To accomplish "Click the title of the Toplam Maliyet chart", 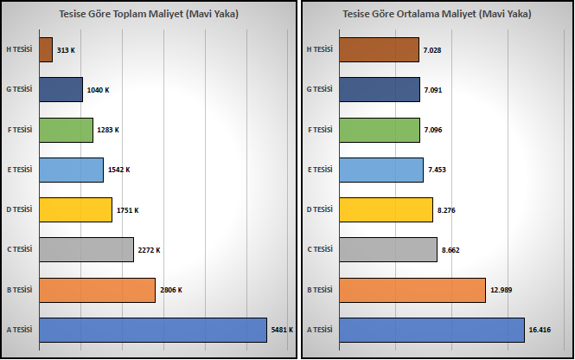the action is [x=149, y=14].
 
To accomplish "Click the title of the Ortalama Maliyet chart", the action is [x=437, y=14].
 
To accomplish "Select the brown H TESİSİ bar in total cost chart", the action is [x=46, y=49].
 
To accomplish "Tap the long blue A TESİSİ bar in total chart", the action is [x=153, y=330].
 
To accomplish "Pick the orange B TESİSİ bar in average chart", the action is [x=412, y=290].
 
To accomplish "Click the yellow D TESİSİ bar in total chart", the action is [x=75, y=209].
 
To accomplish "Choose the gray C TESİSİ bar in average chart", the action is [x=388, y=249].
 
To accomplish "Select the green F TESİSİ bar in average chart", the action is [x=380, y=130].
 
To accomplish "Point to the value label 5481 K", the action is [x=282, y=330].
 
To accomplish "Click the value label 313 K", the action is [x=66, y=50].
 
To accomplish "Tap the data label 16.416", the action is [x=540, y=330].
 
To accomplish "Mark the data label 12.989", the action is [x=501, y=290].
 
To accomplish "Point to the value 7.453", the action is [x=437, y=170].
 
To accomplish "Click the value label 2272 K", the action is [x=149, y=250].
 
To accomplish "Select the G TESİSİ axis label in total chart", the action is [x=19, y=89].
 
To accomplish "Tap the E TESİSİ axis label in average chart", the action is [x=320, y=170].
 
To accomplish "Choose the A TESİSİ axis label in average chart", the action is [x=319, y=330].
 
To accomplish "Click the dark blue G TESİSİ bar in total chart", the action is [x=61, y=89].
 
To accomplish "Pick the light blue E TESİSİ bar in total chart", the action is [x=72, y=170].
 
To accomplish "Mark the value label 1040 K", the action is [x=98, y=90].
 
